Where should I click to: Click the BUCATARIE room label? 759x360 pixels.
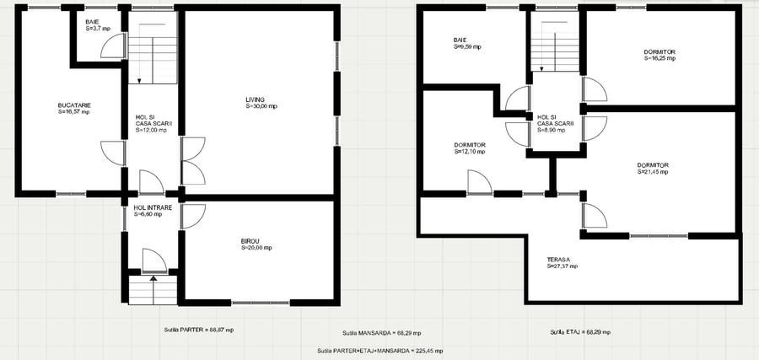coord(74,105)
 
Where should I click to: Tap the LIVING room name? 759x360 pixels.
coord(255,99)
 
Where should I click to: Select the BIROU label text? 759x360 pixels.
coord(250,241)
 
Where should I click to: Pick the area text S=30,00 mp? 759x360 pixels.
coord(261,106)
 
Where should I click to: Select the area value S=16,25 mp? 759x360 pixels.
coord(659,58)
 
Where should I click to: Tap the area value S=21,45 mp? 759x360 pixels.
coord(653,171)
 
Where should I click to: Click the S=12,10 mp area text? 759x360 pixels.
coord(470,152)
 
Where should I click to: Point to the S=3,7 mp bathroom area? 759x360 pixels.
coord(98,29)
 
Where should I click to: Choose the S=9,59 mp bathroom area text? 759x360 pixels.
coord(467,47)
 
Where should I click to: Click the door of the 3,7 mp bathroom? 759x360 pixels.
coord(114,46)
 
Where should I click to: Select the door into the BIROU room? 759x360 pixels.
coord(193,216)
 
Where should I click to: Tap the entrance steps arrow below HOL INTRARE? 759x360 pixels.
coord(153,290)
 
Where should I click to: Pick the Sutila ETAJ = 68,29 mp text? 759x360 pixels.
coord(580,332)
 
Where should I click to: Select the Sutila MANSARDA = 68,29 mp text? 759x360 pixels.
coord(381,333)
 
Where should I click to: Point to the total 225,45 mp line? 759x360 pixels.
coord(380,351)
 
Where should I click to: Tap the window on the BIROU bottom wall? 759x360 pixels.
coord(261,303)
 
